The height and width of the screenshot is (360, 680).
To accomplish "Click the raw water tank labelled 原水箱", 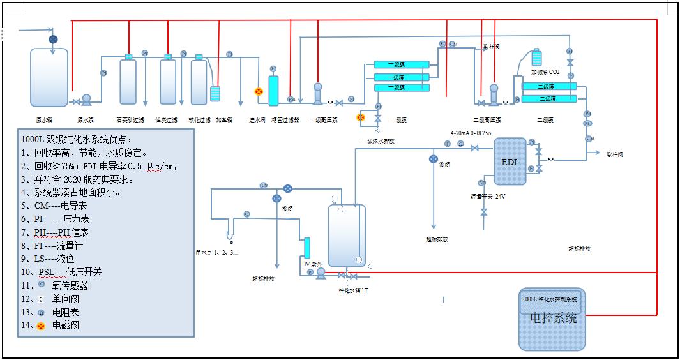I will point(49,77).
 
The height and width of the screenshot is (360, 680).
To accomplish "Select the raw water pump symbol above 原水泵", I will point(86,100).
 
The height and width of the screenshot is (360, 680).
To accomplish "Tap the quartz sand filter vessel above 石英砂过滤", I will point(128,81).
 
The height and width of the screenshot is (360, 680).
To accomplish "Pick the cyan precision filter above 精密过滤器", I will point(273,91).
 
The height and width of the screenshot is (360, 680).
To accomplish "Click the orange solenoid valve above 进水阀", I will point(259,92).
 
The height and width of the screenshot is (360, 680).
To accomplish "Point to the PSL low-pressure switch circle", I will point(291,100).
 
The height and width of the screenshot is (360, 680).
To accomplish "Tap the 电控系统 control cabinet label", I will point(553,318).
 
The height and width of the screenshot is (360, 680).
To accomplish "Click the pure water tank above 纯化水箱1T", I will point(347,235).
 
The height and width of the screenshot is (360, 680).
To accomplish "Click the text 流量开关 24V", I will point(488,196).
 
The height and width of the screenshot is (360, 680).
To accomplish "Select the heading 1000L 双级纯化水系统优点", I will point(77,139).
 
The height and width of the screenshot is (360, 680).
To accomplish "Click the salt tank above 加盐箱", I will point(215,93).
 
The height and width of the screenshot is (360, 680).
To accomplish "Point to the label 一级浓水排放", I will point(377,140).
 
